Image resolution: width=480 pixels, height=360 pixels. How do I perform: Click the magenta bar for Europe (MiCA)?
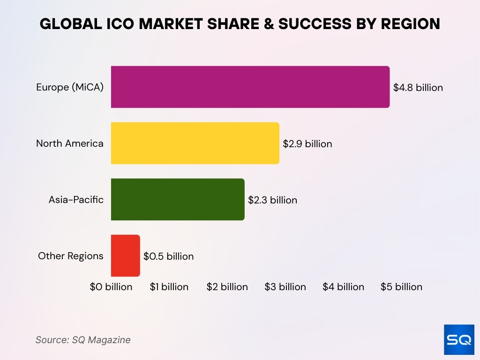click(250, 87)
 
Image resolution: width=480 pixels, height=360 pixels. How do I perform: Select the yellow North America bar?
click(195, 143)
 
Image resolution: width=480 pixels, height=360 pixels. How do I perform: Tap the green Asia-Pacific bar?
click(178, 200)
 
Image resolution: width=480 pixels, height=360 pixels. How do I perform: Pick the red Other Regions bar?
click(125, 256)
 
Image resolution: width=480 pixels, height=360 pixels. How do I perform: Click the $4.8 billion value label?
click(418, 88)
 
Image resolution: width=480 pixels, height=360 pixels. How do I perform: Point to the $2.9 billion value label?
click(307, 144)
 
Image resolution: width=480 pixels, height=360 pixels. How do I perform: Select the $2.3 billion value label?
click(272, 200)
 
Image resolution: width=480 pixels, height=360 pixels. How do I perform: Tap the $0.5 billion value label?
click(168, 256)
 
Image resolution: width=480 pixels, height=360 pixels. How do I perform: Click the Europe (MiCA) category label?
click(70, 87)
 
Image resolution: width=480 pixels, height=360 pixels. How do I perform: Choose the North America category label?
click(70, 143)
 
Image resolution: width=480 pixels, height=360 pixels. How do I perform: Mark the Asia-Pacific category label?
click(76, 200)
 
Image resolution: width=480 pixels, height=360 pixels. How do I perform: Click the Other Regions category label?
click(71, 256)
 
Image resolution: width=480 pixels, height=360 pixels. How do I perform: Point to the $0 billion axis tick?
click(111, 287)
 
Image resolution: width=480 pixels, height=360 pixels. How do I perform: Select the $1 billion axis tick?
click(169, 287)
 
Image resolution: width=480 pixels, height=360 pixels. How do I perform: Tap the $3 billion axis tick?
click(285, 287)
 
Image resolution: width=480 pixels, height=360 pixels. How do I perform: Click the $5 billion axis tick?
click(401, 287)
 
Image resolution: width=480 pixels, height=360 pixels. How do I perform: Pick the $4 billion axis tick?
click(343, 287)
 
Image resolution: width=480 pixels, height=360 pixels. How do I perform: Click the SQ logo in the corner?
click(459, 339)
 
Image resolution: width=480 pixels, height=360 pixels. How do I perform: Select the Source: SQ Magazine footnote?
click(83, 340)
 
